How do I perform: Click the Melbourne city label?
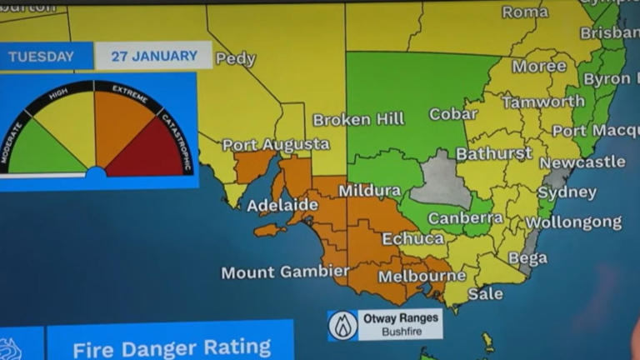(422, 276)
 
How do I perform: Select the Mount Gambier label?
(285, 272)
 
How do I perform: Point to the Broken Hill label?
(358, 119)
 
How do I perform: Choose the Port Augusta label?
(276, 145)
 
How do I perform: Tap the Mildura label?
(369, 190)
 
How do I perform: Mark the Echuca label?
(412, 238)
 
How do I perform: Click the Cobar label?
(452, 113)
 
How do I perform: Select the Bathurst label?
(493, 153)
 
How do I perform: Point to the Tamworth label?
(542, 102)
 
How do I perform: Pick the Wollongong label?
(573, 222)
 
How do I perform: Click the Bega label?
(527, 258)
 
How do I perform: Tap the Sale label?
(485, 293)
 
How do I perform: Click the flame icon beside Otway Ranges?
(342, 325)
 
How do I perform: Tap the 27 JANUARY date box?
(153, 56)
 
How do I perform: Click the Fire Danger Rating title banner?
(171, 347)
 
